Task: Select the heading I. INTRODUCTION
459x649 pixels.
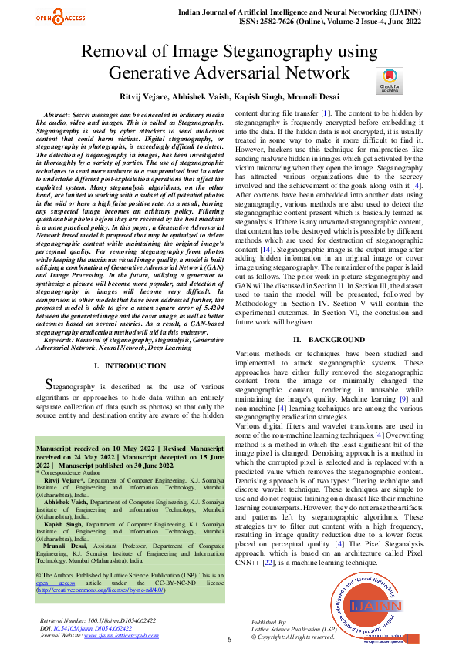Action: tap(129, 365)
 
